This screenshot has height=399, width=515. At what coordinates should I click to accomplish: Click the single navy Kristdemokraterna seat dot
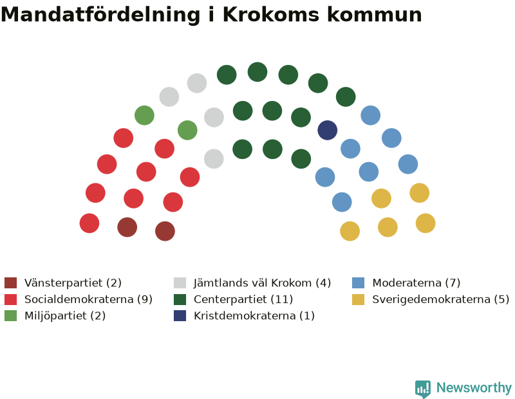[x=328, y=130]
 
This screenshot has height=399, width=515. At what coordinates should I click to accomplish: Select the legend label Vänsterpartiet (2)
[x=73, y=283]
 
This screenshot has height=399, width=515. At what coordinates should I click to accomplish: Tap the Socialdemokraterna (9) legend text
[x=88, y=299]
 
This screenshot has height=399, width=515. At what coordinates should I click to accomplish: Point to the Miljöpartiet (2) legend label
[x=65, y=315]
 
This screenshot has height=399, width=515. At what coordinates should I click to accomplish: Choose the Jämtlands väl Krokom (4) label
[x=262, y=283]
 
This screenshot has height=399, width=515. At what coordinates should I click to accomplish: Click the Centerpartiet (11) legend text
[x=243, y=299]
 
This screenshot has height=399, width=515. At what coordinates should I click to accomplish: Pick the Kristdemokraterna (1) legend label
[x=254, y=315]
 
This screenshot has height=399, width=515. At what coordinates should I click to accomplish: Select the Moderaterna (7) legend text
[x=416, y=283]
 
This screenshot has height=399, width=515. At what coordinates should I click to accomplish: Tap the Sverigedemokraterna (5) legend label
[x=441, y=299]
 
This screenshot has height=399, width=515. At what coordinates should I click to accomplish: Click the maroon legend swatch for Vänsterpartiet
[x=10, y=283]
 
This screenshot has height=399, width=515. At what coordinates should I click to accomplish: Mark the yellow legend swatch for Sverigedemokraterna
[x=358, y=299]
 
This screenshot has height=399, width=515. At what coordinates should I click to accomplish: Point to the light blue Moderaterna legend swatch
[x=358, y=283]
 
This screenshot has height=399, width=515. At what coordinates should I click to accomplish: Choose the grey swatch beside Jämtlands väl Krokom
[x=180, y=283]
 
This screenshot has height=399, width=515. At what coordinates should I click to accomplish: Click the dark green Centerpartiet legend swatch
[x=180, y=299]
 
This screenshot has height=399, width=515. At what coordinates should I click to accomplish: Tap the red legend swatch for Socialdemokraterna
[x=10, y=299]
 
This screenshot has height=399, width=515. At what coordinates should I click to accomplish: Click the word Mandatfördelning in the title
[x=100, y=15]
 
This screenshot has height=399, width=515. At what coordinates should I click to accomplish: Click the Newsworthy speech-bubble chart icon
[x=423, y=389]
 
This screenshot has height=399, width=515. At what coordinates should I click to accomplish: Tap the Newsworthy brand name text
[x=474, y=388]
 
